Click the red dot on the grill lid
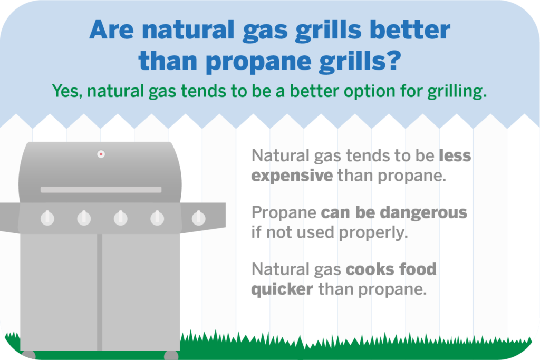101,154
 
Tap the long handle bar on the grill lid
101,190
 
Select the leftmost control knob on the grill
47,218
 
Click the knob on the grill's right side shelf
199,218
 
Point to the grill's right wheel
171,355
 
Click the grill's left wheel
28,355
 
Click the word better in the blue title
410,30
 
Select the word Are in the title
112,30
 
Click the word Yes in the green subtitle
67,91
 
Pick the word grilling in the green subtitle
457,92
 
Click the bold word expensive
292,176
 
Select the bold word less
455,155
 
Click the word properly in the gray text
373,233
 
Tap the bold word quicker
282,289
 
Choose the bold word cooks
367,269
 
